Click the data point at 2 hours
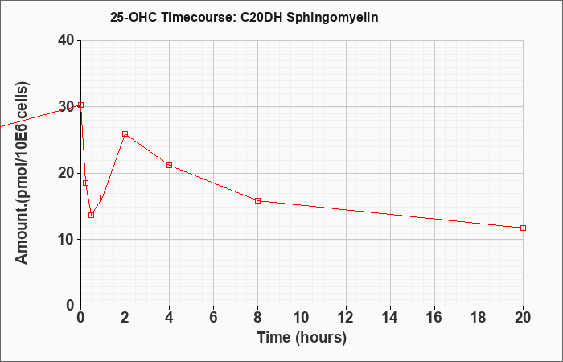tap(125, 134)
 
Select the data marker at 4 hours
tap(169, 165)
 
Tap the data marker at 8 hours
tap(258, 201)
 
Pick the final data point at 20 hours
tap(523, 228)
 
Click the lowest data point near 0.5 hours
tap(91, 215)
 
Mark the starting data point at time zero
tap(80, 105)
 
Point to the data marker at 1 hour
tap(102, 198)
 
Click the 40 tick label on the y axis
tap(67, 40)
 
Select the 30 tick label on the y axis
tap(67, 107)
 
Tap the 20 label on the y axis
tap(67, 174)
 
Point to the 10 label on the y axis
tap(67, 240)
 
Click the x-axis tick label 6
tap(214, 318)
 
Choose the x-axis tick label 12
tap(346, 318)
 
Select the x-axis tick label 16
tap(435, 318)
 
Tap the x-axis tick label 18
tap(479, 318)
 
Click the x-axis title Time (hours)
tap(302, 338)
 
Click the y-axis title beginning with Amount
tap(22, 173)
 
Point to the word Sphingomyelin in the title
tap(332, 18)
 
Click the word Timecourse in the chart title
tap(197, 17)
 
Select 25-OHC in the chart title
tap(134, 17)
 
